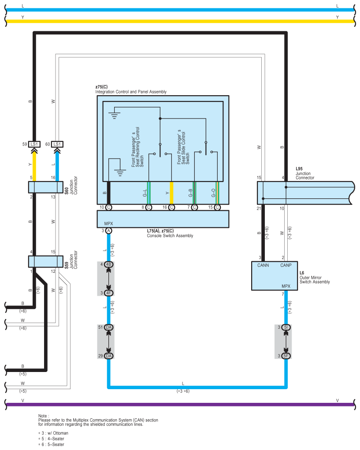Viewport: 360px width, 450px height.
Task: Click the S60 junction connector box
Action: coord(46,187)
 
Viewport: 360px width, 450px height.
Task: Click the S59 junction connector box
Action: coord(46,261)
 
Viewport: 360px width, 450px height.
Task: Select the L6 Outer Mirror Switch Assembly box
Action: coord(275,276)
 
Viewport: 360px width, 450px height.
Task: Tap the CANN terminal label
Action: coord(263,265)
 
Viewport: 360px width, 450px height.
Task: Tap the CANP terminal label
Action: coord(286,265)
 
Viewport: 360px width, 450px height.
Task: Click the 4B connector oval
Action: coord(108,264)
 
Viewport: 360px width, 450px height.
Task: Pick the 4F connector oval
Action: coord(108,293)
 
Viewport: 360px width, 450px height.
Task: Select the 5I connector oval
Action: coord(286,327)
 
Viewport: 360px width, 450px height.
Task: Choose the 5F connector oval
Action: coord(286,356)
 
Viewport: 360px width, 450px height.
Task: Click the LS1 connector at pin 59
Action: coord(34,144)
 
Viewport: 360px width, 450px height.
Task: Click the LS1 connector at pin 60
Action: coord(57,144)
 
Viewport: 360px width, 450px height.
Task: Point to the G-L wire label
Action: coord(145,193)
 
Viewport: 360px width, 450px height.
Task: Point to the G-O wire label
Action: coord(213,193)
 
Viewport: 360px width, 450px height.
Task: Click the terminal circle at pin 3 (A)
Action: coord(108,231)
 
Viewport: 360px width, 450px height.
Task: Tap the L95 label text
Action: coord(299,169)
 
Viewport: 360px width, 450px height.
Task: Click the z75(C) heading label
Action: coord(101,87)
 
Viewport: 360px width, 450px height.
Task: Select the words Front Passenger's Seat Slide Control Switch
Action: coord(183,147)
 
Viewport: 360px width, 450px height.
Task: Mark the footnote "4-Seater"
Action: coord(55,439)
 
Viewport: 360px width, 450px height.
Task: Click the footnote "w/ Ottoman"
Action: coord(58,433)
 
